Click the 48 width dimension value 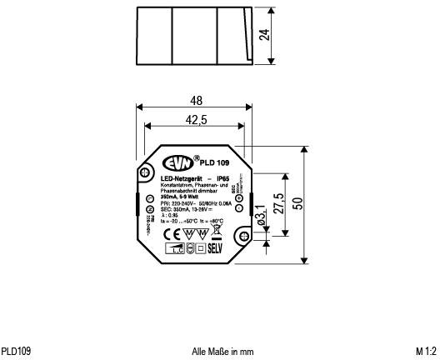click(195, 100)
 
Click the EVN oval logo click(177, 162)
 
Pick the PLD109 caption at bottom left click(17, 351)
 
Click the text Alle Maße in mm click(222, 351)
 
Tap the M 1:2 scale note click(426, 351)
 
